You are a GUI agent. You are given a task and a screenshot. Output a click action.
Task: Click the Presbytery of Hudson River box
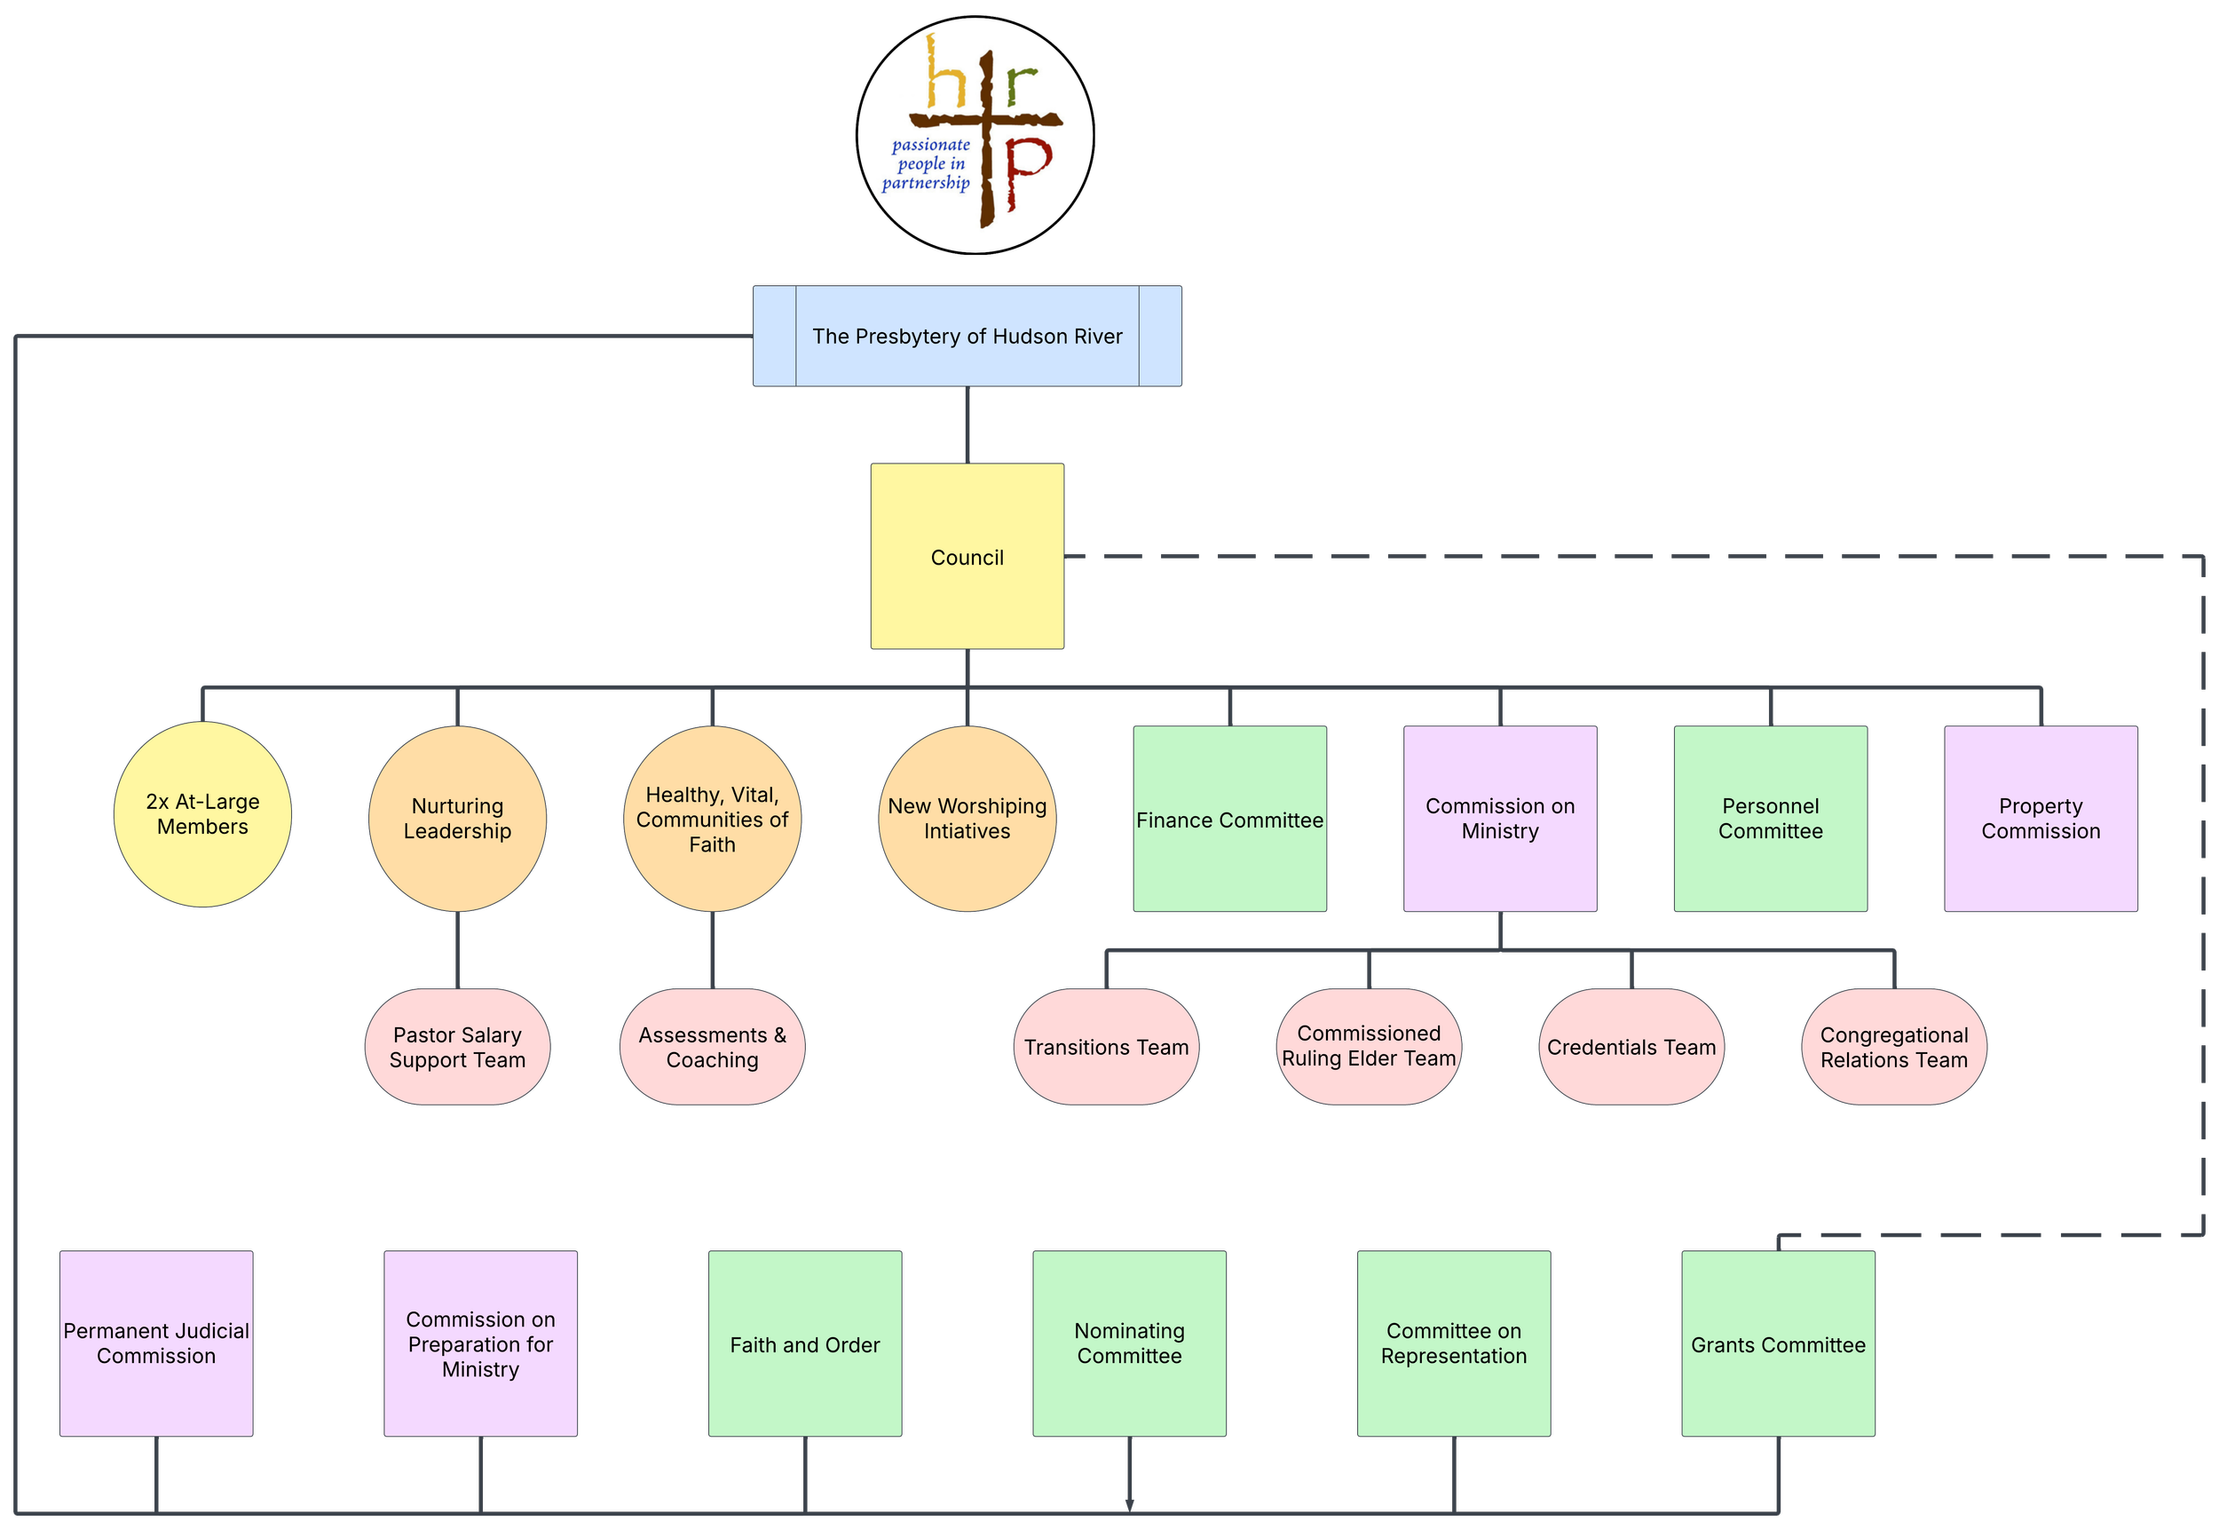click(x=967, y=337)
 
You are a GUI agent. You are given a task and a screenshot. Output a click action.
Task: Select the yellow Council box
click(x=967, y=557)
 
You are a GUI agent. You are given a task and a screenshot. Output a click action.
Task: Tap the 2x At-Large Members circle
click(x=202, y=814)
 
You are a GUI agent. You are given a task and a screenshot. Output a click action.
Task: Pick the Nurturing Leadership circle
click(x=457, y=819)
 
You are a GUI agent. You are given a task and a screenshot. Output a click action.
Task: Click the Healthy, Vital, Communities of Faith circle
click(x=712, y=819)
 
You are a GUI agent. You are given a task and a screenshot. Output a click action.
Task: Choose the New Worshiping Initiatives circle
click(x=967, y=819)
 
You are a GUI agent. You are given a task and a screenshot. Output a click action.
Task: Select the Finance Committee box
click(x=1229, y=819)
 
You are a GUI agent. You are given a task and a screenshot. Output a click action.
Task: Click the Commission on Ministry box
click(x=1500, y=819)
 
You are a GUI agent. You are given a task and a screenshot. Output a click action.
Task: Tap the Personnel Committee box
click(x=1770, y=819)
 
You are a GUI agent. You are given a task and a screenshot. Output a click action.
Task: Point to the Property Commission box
click(x=2040, y=819)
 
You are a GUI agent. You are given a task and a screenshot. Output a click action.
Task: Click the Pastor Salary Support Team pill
click(x=457, y=1047)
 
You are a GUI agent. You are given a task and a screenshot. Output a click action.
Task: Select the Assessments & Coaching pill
click(x=712, y=1047)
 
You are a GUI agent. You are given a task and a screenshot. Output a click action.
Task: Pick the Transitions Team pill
click(x=1106, y=1047)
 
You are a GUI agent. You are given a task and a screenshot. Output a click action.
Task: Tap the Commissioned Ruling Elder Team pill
click(x=1369, y=1046)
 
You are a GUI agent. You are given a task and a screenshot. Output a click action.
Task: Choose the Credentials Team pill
click(x=1631, y=1047)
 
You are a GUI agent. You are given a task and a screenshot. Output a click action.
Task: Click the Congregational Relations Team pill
click(x=1893, y=1047)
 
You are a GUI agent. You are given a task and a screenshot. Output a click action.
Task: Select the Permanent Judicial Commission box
click(x=156, y=1343)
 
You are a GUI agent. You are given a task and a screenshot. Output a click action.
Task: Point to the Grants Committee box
click(x=1778, y=1344)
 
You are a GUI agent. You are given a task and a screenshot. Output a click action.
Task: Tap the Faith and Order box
click(x=804, y=1344)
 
